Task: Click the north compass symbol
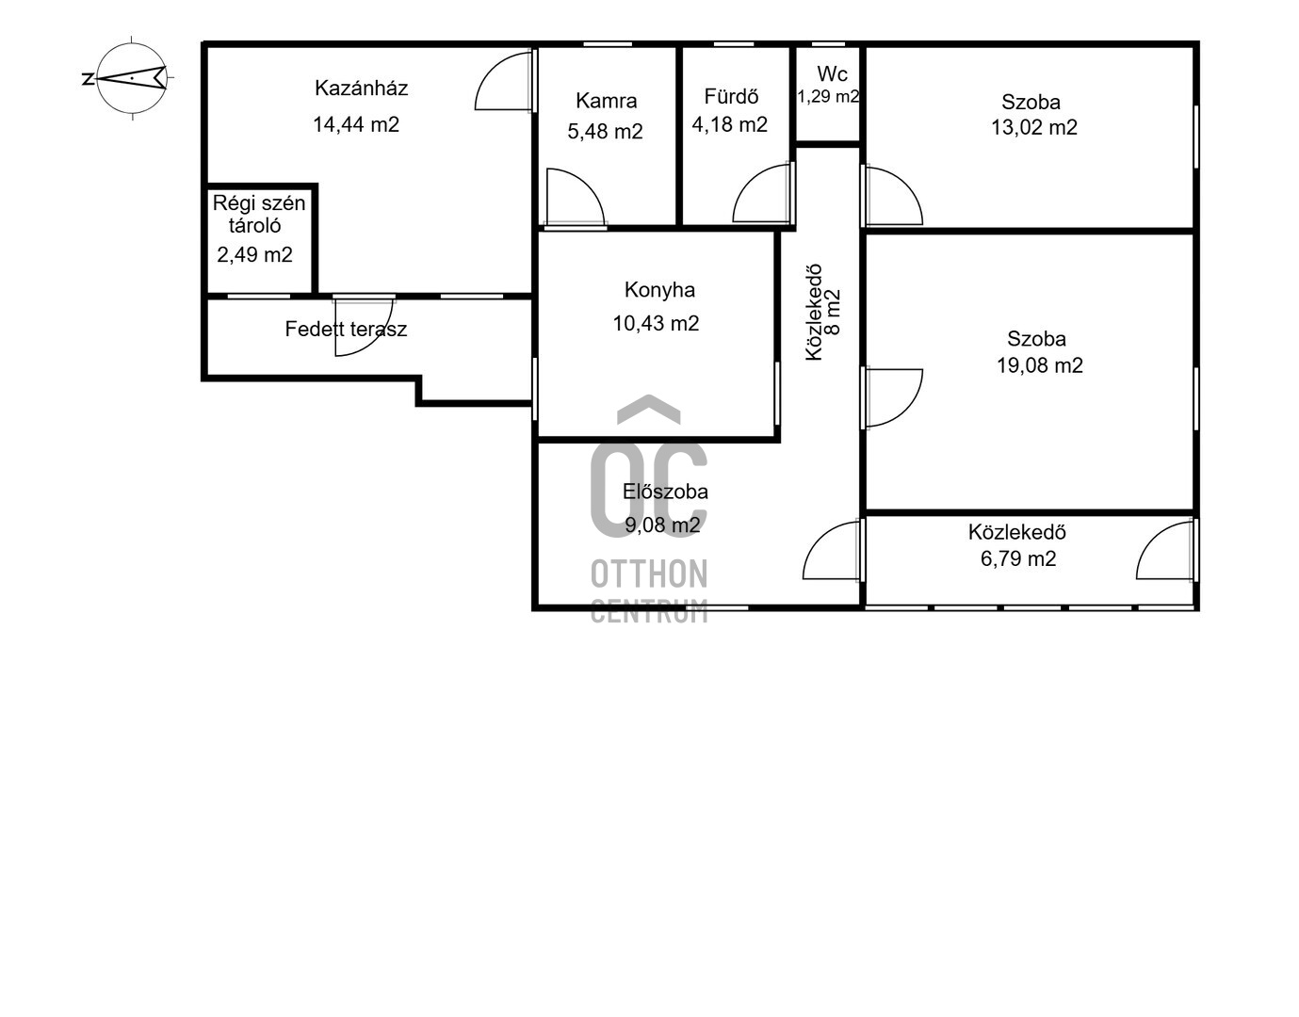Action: [x=132, y=77]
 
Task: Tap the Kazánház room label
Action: [x=361, y=89]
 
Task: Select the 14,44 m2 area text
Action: [x=356, y=124]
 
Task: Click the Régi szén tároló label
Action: [x=259, y=214]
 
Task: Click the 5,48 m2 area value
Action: [x=605, y=132]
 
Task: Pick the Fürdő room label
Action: [x=731, y=96]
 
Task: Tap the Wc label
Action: [x=832, y=73]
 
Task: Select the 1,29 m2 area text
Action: [x=828, y=96]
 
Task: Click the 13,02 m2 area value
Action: [x=1034, y=127]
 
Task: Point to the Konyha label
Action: [x=659, y=290]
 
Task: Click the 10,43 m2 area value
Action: [x=656, y=323]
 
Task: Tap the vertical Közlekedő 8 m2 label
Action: [x=823, y=312]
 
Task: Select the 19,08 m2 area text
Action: [x=1040, y=365]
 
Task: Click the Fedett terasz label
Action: [x=346, y=329]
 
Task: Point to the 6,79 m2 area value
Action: [x=1018, y=558]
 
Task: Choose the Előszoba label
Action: [x=665, y=492]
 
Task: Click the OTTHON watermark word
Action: [x=649, y=573]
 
